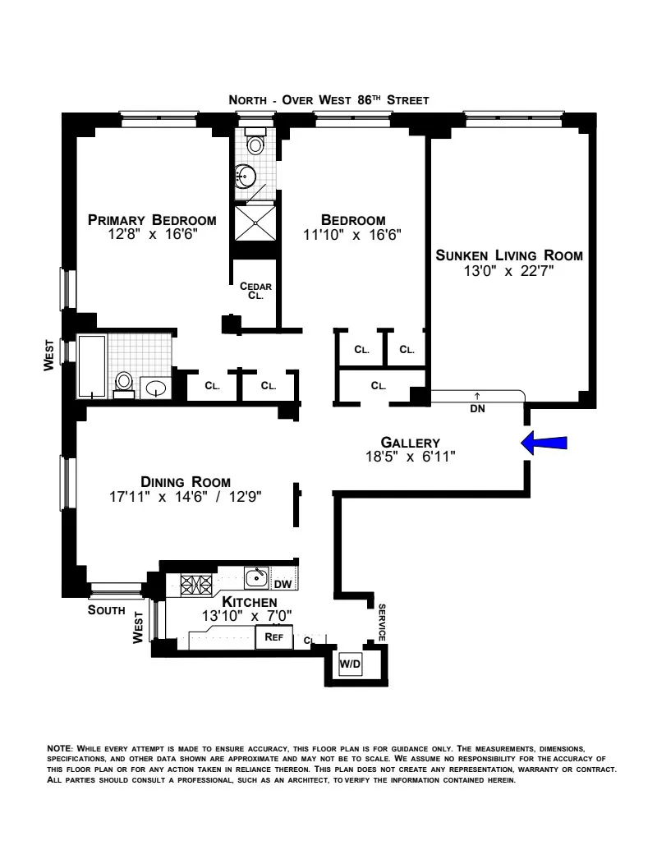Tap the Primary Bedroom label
pos(152,220)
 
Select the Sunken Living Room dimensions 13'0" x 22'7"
pos(508,270)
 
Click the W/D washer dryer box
pos(351,664)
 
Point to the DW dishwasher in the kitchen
pos(283,584)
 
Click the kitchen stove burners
pos(196,585)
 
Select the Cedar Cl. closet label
pos(255,291)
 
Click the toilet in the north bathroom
pos(255,145)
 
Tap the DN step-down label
pos(476,407)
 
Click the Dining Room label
pos(186,482)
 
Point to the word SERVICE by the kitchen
pos(382,623)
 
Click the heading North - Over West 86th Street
pos(328,100)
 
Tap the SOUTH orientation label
pos(107,611)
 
